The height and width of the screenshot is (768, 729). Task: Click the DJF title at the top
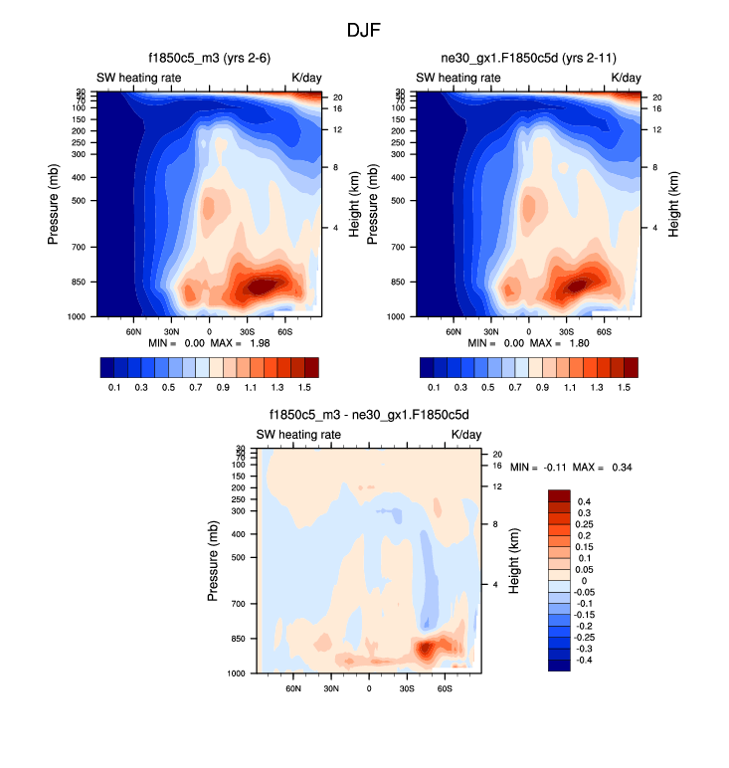(363, 31)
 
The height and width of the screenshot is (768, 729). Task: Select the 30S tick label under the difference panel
(407, 687)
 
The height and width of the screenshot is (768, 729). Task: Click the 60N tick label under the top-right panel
(454, 330)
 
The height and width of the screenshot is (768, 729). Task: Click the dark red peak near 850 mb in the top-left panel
(261, 287)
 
